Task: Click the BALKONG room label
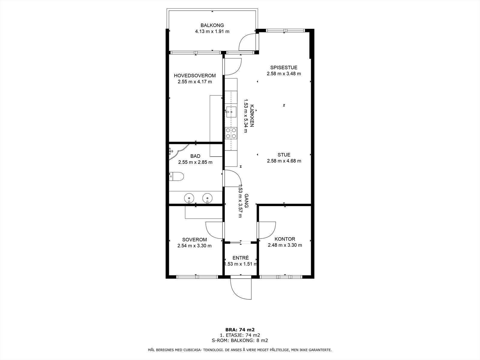pyautogui.click(x=212, y=25)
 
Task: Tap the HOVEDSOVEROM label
pyautogui.click(x=195, y=76)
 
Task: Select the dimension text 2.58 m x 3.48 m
pyautogui.click(x=283, y=74)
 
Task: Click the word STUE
pyautogui.click(x=284, y=155)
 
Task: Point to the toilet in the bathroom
pyautogui.click(x=176, y=176)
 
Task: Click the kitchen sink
pyautogui.click(x=231, y=112)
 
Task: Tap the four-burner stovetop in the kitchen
pyautogui.click(x=231, y=133)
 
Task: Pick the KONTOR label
pyautogui.click(x=285, y=239)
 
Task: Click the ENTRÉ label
pyautogui.click(x=241, y=258)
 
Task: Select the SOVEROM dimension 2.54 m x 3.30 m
pyautogui.click(x=194, y=246)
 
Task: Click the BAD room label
pyautogui.click(x=195, y=156)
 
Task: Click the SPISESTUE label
pyautogui.click(x=283, y=67)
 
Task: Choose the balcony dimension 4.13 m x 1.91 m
pyautogui.click(x=212, y=31)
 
